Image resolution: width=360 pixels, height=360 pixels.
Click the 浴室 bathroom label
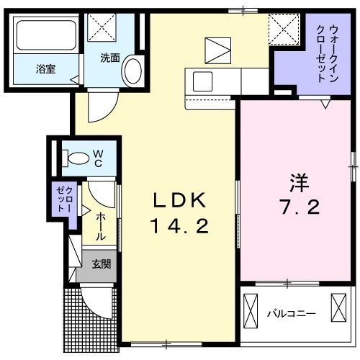coord(46,69)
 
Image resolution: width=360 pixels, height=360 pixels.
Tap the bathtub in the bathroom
coord(46,35)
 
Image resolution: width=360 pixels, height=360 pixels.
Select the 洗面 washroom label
coord(110,58)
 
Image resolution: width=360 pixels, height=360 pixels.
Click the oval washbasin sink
coord(133,70)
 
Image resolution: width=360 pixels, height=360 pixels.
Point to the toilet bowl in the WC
coord(76,158)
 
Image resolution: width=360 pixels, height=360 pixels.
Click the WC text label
coord(98,158)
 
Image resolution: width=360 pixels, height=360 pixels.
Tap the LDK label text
coord(179,200)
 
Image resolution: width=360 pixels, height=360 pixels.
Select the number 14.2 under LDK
coord(179,227)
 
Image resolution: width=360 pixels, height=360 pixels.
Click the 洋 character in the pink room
coord(300,183)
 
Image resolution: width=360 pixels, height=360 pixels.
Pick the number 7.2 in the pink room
coord(300,207)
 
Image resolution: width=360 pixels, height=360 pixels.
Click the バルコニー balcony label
coord(292,314)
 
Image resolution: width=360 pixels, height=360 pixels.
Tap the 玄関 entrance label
coord(101,264)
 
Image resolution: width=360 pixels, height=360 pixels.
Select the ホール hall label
coord(101,227)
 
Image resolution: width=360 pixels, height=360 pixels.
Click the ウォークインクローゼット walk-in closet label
coord(327,53)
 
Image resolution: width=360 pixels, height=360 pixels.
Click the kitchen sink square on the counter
coord(202,81)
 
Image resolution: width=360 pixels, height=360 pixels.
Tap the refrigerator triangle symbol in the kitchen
coord(218,50)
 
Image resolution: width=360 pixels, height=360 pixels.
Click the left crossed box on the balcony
coord(251,311)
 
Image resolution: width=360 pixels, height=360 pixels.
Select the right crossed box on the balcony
coord(338,307)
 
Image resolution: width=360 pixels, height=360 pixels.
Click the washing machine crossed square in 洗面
coord(102,27)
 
